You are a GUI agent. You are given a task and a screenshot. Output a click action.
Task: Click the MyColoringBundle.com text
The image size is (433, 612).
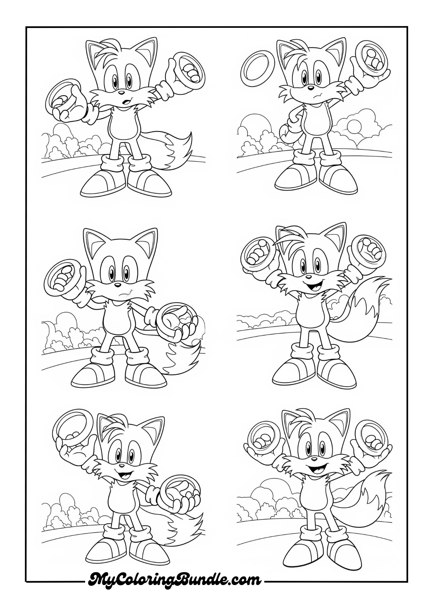pyautogui.click(x=175, y=579)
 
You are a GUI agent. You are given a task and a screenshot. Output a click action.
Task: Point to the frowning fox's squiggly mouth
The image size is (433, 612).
pyautogui.click(x=313, y=95)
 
